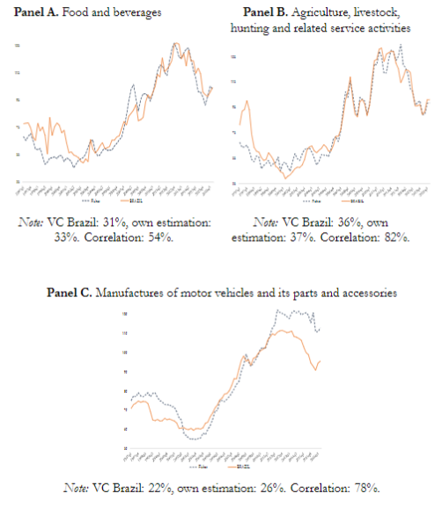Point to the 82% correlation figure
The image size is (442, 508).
pyautogui.click(x=393, y=238)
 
